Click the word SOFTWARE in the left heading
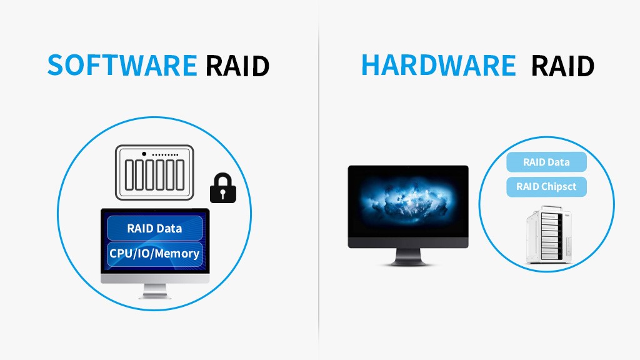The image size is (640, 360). pyautogui.click(x=122, y=65)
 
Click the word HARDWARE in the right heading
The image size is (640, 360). pyautogui.click(x=439, y=65)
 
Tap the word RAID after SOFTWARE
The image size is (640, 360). pyautogui.click(x=237, y=66)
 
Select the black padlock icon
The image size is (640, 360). pyautogui.click(x=223, y=188)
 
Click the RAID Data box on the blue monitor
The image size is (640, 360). pyautogui.click(x=155, y=228)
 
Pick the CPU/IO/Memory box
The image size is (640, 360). pyautogui.click(x=155, y=253)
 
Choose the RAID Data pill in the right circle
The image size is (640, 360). pyautogui.click(x=546, y=162)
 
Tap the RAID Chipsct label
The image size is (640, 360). pyautogui.click(x=546, y=186)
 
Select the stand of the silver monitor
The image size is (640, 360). pyautogui.click(x=154, y=291)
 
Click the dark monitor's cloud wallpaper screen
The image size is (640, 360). pyautogui.click(x=408, y=201)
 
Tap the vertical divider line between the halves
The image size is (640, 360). pyautogui.click(x=319, y=187)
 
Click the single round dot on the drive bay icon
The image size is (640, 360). pyautogui.click(x=144, y=154)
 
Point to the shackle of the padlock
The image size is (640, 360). pyautogui.click(x=223, y=178)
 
